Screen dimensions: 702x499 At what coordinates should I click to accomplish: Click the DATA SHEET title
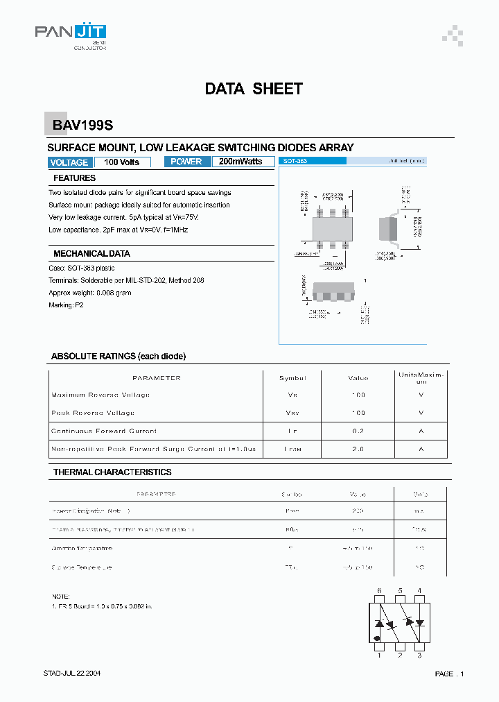[254, 89]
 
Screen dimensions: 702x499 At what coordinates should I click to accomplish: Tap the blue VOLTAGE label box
[69, 162]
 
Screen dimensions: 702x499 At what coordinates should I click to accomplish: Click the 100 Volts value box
[122, 162]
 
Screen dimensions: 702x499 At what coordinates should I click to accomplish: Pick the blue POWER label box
[186, 162]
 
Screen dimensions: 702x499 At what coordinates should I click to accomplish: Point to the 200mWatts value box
[240, 162]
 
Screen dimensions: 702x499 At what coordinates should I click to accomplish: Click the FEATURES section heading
[75, 178]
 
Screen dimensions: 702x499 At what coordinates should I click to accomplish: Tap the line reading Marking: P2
[66, 305]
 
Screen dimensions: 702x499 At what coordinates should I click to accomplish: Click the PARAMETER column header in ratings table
[156, 378]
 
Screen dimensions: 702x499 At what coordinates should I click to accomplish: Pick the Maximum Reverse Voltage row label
[100, 395]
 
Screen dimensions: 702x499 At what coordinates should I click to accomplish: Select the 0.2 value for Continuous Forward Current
[358, 431]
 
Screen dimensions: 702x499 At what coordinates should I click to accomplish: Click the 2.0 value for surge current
[358, 449]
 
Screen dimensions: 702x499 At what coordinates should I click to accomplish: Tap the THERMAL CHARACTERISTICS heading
[112, 472]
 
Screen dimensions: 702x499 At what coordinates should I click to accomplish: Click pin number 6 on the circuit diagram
[379, 591]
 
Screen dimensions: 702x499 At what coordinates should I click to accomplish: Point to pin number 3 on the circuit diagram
[419, 655]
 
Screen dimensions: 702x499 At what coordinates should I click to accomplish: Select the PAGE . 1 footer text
[449, 674]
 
